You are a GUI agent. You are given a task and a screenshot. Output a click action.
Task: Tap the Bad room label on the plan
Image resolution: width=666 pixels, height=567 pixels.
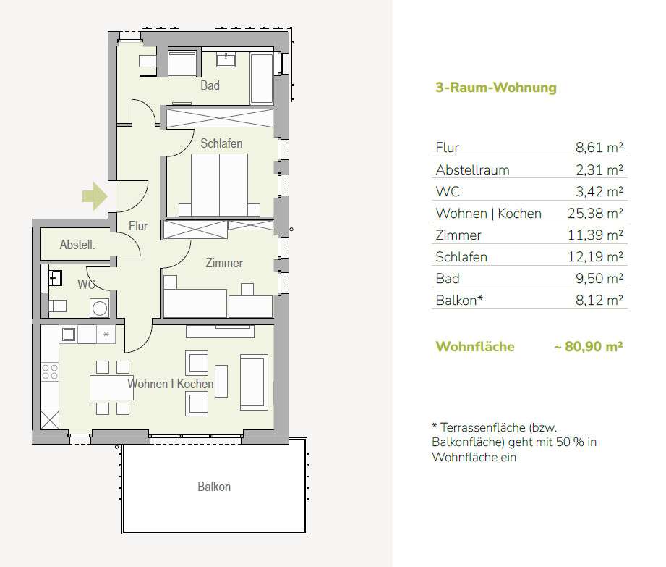tap(210, 85)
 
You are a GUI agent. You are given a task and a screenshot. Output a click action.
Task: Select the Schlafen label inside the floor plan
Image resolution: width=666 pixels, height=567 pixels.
tap(221, 143)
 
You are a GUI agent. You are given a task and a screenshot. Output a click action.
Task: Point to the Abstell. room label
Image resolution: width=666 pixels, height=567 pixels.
tap(77, 245)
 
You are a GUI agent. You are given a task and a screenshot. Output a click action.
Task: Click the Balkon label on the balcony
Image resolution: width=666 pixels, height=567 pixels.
tap(214, 487)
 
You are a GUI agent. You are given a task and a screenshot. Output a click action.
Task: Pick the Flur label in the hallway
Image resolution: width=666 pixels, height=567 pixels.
tap(138, 226)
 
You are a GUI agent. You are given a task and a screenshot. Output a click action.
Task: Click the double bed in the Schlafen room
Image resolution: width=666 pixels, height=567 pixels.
tap(219, 185)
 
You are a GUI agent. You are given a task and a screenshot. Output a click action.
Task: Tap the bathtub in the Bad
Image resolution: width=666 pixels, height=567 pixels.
tap(262, 79)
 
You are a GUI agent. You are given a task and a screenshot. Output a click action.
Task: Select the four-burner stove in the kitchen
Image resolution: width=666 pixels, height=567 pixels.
tap(50, 371)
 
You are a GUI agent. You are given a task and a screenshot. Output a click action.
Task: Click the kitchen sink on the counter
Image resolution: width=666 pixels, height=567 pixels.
tap(69, 335)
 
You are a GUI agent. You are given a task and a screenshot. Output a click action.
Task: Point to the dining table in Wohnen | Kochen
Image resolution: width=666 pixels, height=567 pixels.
tap(111, 388)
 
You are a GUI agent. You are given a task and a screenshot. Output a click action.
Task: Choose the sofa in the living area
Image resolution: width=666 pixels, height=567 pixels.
tap(254, 382)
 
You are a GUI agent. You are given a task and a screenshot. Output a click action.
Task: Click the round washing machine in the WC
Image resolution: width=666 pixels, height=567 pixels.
tap(99, 308)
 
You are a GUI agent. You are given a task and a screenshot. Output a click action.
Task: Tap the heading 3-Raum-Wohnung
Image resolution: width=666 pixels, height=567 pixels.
tap(496, 87)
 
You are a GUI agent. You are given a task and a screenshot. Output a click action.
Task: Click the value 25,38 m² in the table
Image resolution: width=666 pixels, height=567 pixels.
tap(595, 213)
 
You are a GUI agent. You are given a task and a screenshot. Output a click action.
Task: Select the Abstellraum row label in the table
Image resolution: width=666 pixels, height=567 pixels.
tap(472, 169)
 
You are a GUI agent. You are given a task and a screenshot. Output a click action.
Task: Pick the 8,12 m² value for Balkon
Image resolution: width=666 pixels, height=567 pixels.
tap(599, 300)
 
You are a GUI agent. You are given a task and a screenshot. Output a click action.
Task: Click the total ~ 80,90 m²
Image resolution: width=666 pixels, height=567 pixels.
tap(589, 347)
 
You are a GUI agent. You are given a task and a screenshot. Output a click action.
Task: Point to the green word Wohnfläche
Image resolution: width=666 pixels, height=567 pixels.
tap(475, 347)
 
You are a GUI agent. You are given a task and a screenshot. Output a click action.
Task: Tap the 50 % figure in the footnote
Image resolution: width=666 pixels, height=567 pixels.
tap(570, 442)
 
